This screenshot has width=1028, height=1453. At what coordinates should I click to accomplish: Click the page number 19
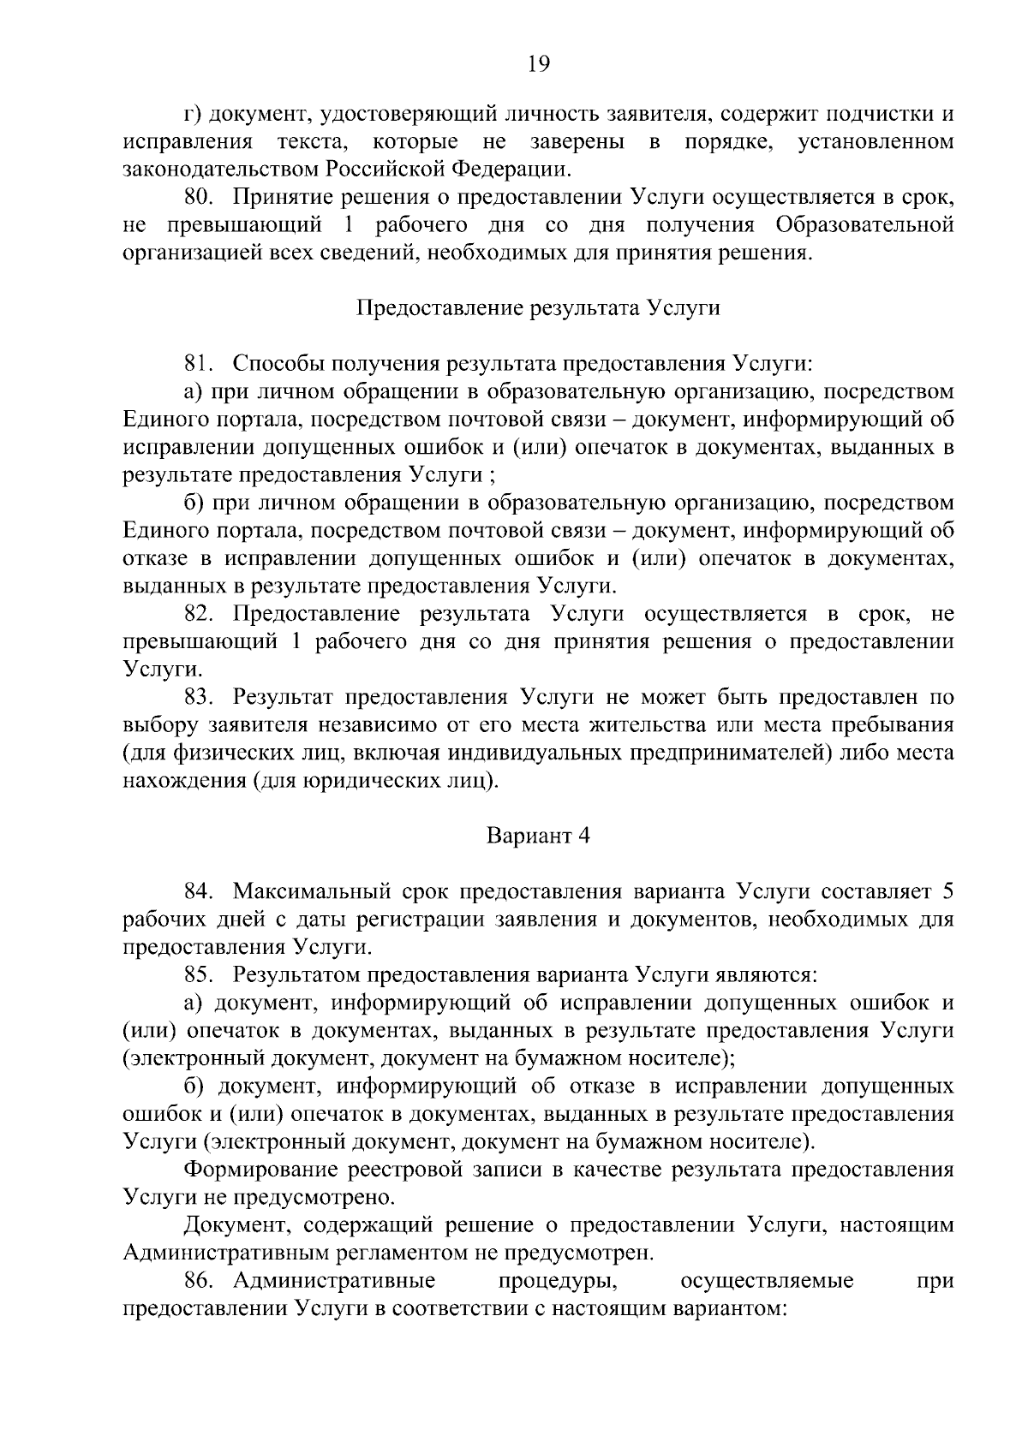(x=539, y=64)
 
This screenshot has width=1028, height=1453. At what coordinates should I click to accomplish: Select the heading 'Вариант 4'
(x=539, y=836)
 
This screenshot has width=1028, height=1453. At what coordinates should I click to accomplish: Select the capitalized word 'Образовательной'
(x=864, y=225)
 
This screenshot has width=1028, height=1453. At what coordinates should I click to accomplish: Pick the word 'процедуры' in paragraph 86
(x=559, y=1281)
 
